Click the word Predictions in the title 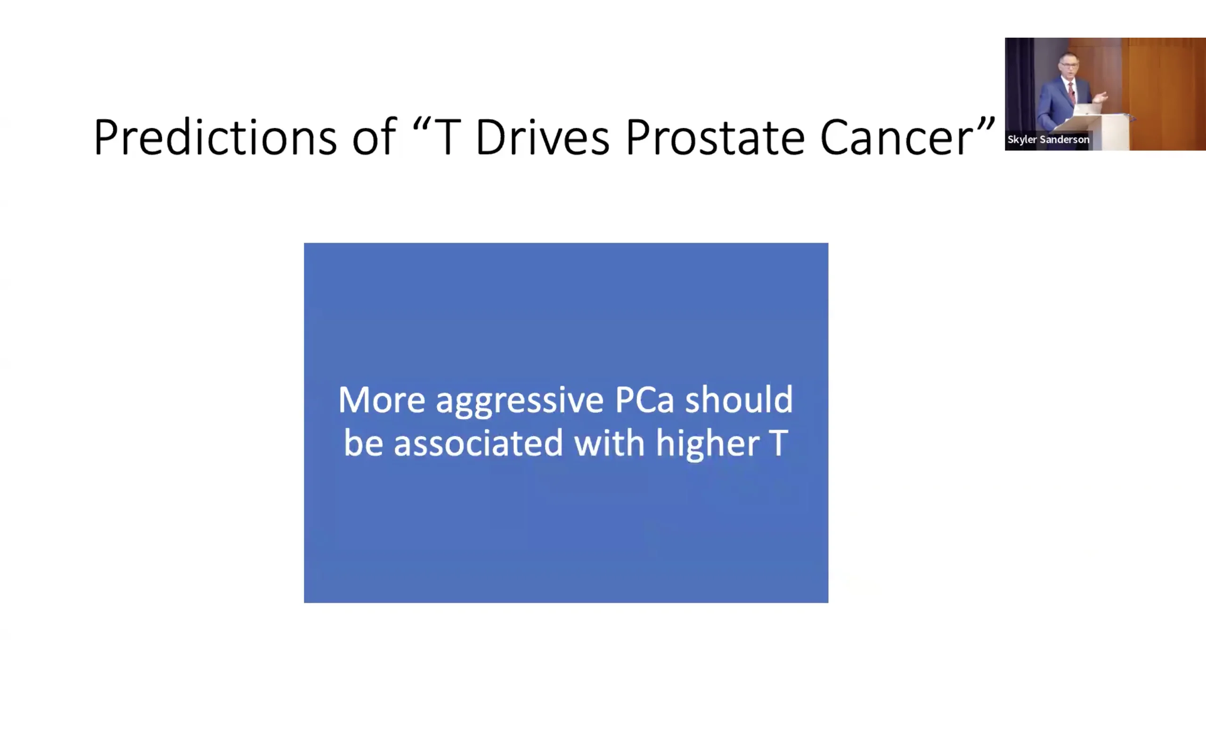tap(215, 137)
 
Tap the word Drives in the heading tap(542, 137)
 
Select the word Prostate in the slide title tap(715, 137)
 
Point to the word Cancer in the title tap(896, 137)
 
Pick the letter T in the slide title tap(447, 137)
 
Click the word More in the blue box tap(382, 400)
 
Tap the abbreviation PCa tap(644, 400)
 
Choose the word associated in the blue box tap(479, 443)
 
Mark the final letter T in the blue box tap(779, 443)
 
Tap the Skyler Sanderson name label tap(1048, 139)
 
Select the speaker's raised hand tap(1101, 96)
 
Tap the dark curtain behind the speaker tap(1019, 85)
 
